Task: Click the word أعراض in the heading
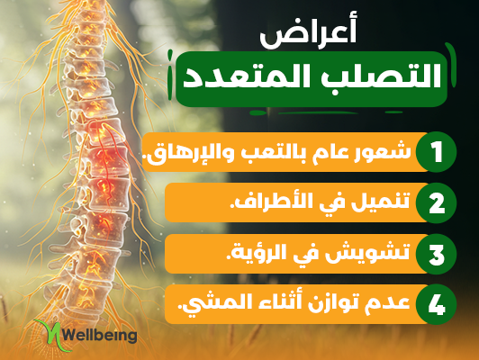[x=308, y=35]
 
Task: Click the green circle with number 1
[x=436, y=152]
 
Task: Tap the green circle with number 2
[x=436, y=203]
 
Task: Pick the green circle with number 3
[x=436, y=254]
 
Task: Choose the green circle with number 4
[x=436, y=305]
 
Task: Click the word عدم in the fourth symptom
[x=392, y=302]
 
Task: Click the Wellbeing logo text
[x=100, y=336]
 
